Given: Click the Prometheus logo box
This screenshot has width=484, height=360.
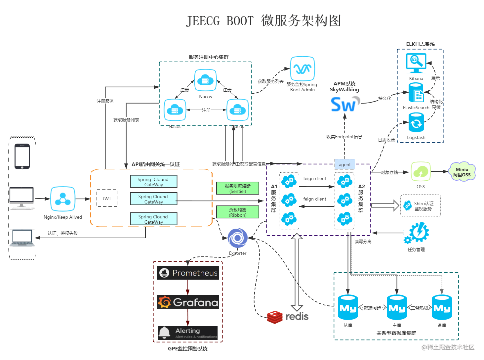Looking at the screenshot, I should pos(187,273).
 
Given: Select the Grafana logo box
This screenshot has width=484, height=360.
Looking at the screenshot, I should pos(187,302).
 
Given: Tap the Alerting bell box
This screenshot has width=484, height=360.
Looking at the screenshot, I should pos(187,333).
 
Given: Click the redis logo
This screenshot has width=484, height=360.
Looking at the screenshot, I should pos(287,317).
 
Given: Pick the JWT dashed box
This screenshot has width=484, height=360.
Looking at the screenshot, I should pos(107,198).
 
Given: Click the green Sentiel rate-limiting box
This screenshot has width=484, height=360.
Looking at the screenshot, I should pos(238,188).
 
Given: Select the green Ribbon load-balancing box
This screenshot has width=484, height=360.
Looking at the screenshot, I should pos(238,212).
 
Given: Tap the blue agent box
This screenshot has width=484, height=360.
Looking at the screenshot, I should pos(344,164).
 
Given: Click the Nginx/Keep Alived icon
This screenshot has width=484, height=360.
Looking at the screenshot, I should pos(62,199).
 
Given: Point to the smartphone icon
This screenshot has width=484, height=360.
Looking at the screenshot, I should pos(22,157).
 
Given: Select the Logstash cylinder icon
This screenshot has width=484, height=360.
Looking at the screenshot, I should pos(416,123).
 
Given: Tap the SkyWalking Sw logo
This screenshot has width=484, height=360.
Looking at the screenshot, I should pos(345,104).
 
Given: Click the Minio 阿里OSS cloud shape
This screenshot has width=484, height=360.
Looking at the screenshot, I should pos(462,172).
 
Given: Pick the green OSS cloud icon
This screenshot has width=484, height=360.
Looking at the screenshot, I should pos(421,171).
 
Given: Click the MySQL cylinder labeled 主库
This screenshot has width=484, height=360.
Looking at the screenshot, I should pos(397,307).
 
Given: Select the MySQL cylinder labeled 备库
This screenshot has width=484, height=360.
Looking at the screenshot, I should pos(442,307).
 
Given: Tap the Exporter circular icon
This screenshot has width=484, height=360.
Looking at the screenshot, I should pos(237,238).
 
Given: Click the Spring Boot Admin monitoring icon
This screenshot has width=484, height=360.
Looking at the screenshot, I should pos(302,68).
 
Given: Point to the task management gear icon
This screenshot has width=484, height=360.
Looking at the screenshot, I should pos(417,233).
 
